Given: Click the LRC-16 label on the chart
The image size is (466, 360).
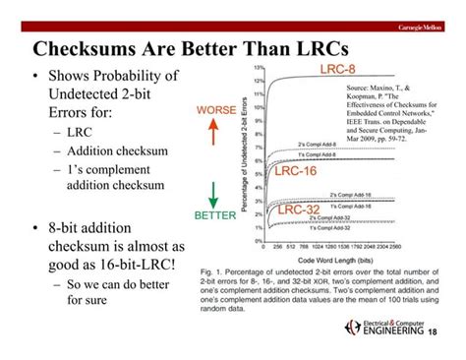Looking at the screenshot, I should (295, 171).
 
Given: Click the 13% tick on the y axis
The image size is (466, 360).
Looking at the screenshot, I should (258, 67).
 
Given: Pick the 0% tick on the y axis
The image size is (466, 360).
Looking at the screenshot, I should (259, 239).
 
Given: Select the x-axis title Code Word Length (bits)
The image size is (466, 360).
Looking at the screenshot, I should (343, 257).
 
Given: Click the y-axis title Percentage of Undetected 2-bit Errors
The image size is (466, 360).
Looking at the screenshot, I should (243, 152).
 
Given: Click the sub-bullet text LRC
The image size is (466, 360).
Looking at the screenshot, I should (81, 131).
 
